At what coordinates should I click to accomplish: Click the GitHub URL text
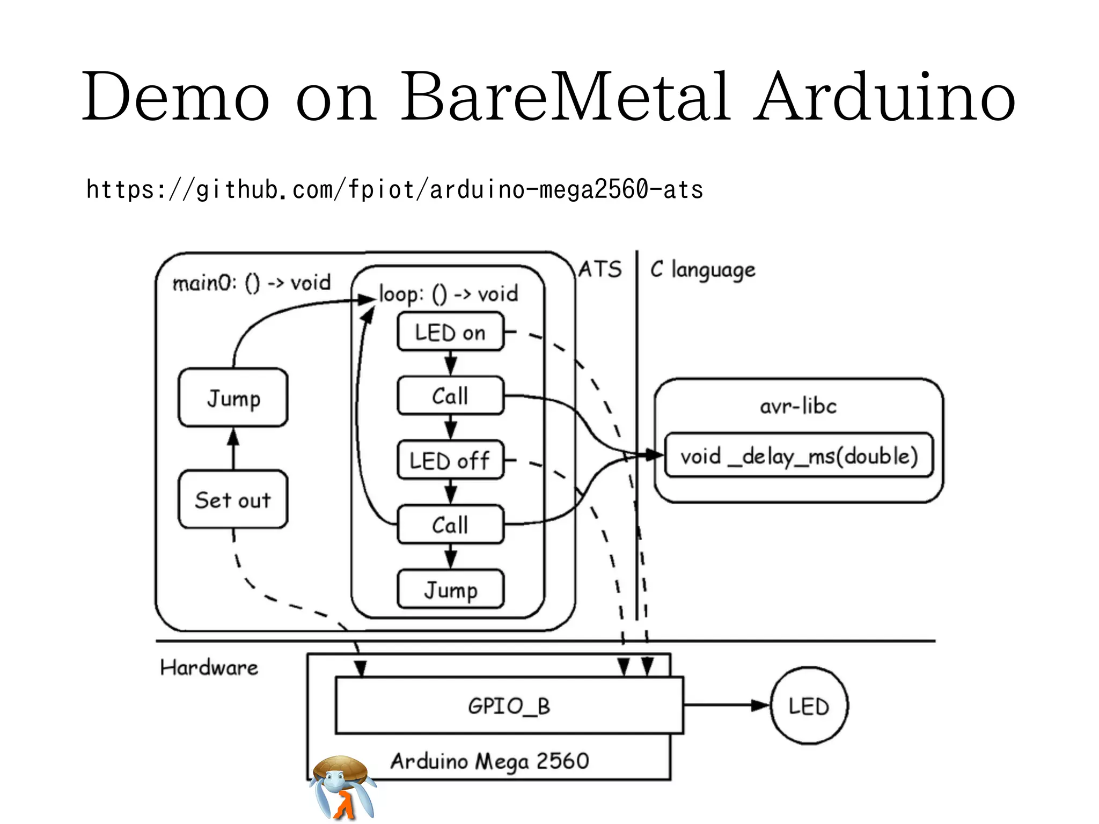(x=394, y=190)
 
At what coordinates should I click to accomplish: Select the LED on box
(x=450, y=333)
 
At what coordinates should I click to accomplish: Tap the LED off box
(x=450, y=461)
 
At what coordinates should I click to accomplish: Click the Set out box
(x=233, y=499)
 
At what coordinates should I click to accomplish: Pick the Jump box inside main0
(x=233, y=398)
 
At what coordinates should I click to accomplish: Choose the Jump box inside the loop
(x=450, y=590)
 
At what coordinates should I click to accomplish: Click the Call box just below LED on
(x=450, y=396)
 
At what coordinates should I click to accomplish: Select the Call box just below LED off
(x=450, y=525)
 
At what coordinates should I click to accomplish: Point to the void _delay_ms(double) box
(x=798, y=456)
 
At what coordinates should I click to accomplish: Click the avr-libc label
(x=798, y=406)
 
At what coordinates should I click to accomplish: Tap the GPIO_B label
(x=509, y=706)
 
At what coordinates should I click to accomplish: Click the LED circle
(x=809, y=706)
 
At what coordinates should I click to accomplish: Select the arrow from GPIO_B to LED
(x=727, y=705)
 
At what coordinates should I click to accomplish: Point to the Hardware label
(x=209, y=668)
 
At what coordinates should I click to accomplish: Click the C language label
(x=702, y=269)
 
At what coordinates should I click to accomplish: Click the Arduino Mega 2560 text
(x=489, y=761)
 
